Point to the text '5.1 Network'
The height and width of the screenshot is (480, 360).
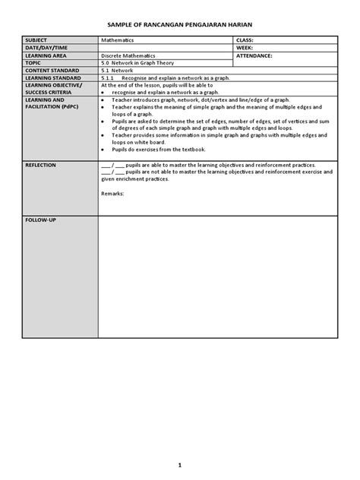117,71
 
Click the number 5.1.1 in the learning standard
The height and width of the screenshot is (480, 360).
107,78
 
